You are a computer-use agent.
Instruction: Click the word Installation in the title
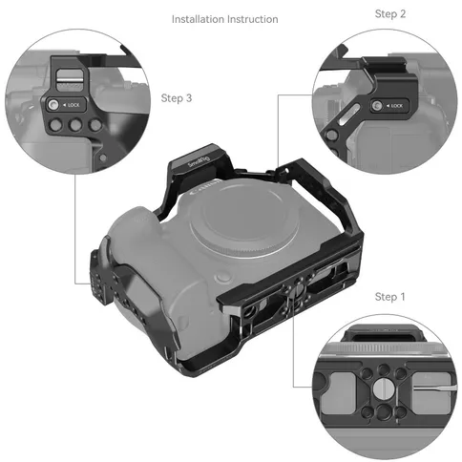[198, 19]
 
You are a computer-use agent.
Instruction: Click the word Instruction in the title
[253, 19]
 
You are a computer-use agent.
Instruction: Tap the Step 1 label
[389, 297]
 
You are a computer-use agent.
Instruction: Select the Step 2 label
[390, 14]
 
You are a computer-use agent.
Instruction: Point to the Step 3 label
[177, 98]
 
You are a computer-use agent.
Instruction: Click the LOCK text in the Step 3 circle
[73, 105]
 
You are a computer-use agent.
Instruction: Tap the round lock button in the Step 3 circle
[52, 104]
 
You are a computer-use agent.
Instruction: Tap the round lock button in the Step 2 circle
[377, 105]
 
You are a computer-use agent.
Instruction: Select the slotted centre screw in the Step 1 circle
[382, 388]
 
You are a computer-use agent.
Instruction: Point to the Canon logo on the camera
[205, 188]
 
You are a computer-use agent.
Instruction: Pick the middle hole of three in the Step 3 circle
[75, 125]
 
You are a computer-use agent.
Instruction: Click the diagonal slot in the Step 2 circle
[349, 115]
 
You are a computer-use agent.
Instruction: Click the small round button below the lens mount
[223, 277]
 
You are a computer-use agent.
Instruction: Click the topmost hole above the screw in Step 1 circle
[384, 369]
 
